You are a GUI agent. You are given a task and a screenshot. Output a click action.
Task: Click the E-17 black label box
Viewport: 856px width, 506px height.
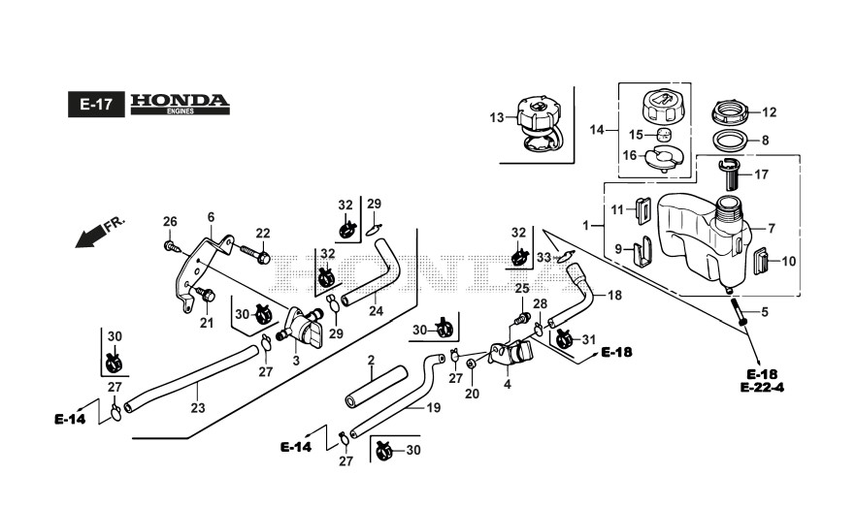pos(95,105)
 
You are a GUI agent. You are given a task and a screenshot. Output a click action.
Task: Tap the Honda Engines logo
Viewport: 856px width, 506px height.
pos(180,104)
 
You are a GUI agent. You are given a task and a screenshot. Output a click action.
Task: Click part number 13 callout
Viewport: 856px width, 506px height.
pos(496,117)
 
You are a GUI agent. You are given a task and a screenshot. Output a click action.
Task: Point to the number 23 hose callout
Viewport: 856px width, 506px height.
pos(197,408)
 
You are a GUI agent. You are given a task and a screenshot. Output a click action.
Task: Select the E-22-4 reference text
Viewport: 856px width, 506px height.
pos(761,388)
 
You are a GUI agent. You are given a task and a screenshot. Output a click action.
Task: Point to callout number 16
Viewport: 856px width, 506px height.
pos(630,155)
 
